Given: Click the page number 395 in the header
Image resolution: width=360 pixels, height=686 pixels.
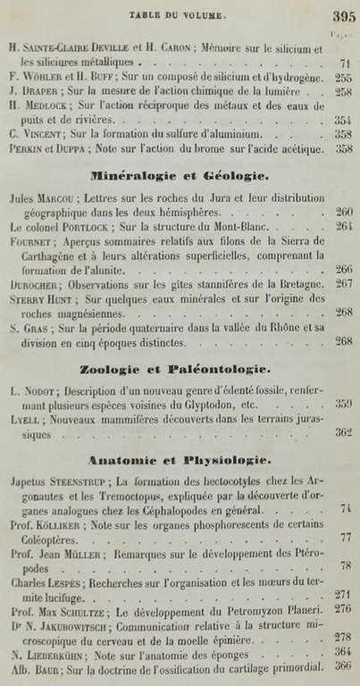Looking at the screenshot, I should [342, 15].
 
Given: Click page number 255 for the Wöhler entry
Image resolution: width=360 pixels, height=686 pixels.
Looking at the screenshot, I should [342, 78].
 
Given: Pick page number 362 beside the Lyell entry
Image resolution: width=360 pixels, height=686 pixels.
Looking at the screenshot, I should [342, 432].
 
